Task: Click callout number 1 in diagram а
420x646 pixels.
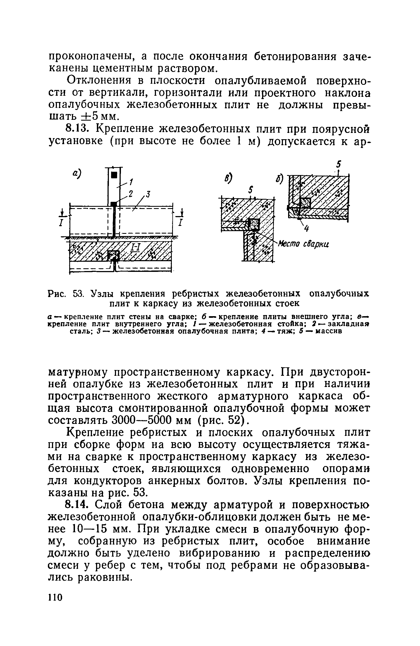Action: click(x=131, y=181)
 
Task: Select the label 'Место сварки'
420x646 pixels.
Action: click(x=303, y=244)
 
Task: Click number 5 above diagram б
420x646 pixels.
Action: click(x=339, y=164)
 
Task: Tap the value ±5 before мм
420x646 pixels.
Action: click(x=89, y=116)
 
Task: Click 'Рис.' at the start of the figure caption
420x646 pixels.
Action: click(x=57, y=294)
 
